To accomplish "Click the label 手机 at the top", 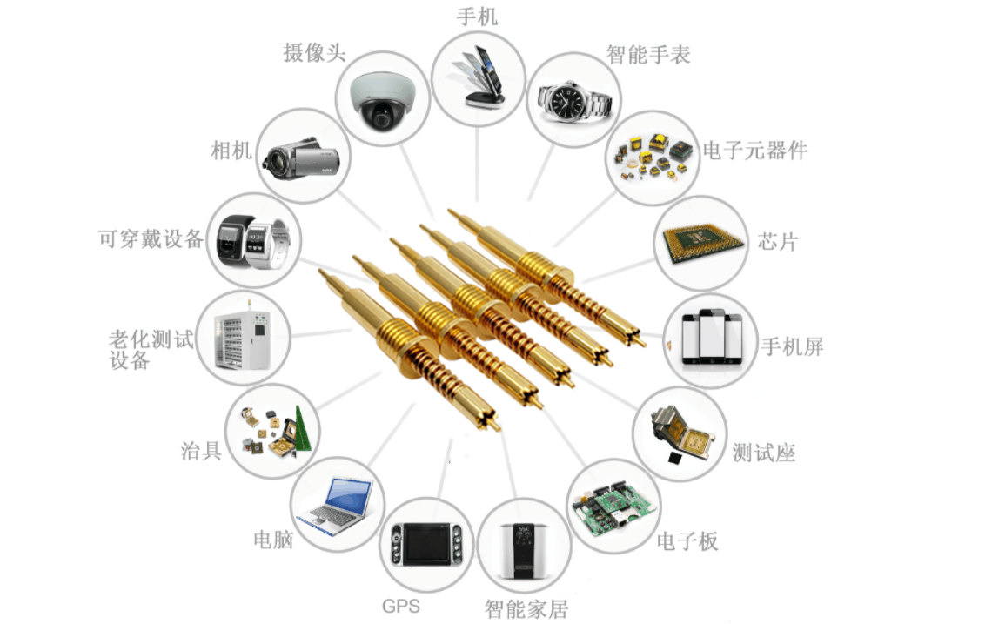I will [477, 16].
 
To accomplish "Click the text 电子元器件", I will [755, 150].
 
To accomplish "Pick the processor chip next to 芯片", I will [702, 242].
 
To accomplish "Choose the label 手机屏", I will [792, 346].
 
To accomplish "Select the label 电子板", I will [687, 540].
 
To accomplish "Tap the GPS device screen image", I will [426, 545].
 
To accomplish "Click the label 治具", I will [201, 450].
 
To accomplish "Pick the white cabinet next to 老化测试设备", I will [244, 339].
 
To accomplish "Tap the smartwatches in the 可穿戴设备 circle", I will [253, 239].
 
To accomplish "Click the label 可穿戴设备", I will [151, 239].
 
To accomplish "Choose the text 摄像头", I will [315, 52].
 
